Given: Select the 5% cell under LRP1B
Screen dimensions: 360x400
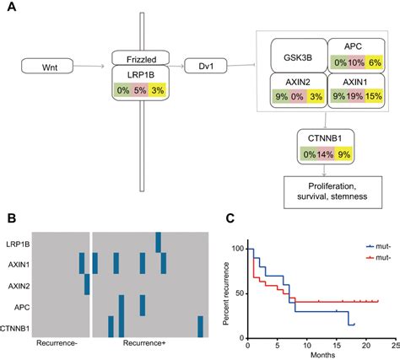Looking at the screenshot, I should (141, 90).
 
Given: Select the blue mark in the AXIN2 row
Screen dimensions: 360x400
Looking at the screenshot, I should (86, 284).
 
